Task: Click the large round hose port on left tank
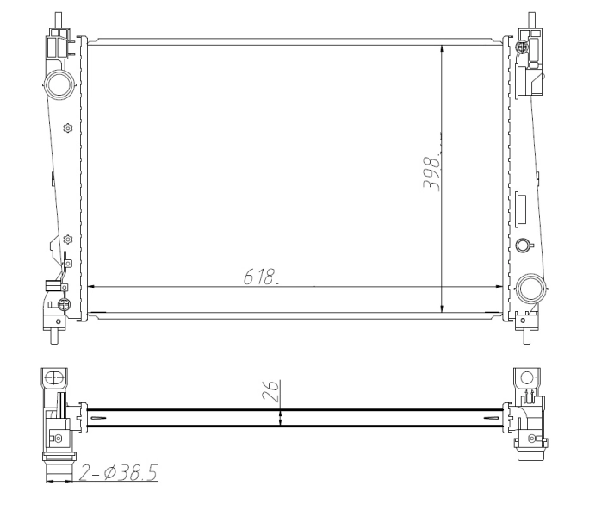click(x=59, y=84)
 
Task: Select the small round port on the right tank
click(x=522, y=246)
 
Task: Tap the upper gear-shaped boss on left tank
click(x=68, y=128)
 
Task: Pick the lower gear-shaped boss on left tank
click(x=68, y=239)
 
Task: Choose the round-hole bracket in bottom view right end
click(x=525, y=377)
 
